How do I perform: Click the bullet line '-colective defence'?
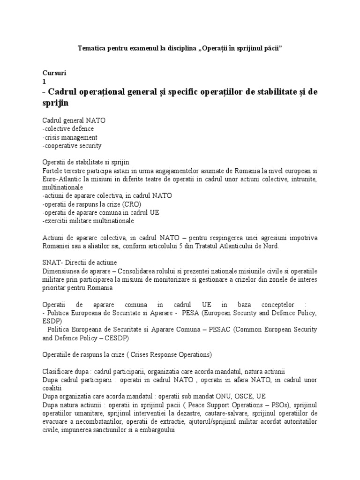pyautogui.click(x=68, y=128)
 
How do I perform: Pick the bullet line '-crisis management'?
pyautogui.click(x=69, y=137)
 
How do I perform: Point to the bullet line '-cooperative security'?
pyautogui.click(x=72, y=145)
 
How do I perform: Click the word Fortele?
pyautogui.click(x=52, y=171)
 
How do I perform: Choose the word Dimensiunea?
pyautogui.click(x=61, y=271)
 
